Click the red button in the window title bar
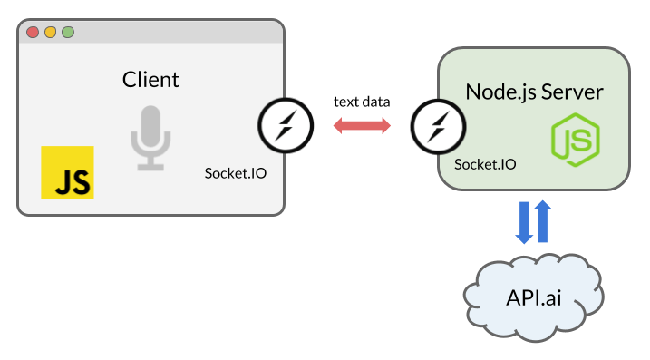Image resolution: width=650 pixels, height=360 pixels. (33, 33)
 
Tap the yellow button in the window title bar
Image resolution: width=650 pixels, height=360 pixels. (50, 33)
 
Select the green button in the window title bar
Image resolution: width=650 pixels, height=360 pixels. (67, 33)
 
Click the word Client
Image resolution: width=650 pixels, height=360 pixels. (150, 79)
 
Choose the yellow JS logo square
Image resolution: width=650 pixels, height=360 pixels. (67, 171)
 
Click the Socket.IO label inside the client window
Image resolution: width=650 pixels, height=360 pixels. (236, 172)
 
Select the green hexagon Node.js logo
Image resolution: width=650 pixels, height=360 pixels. (577, 141)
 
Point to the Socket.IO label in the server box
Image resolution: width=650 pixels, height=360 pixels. (485, 164)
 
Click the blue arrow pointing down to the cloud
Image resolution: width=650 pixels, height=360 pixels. (525, 223)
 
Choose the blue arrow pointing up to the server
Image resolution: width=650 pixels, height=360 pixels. (543, 221)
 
